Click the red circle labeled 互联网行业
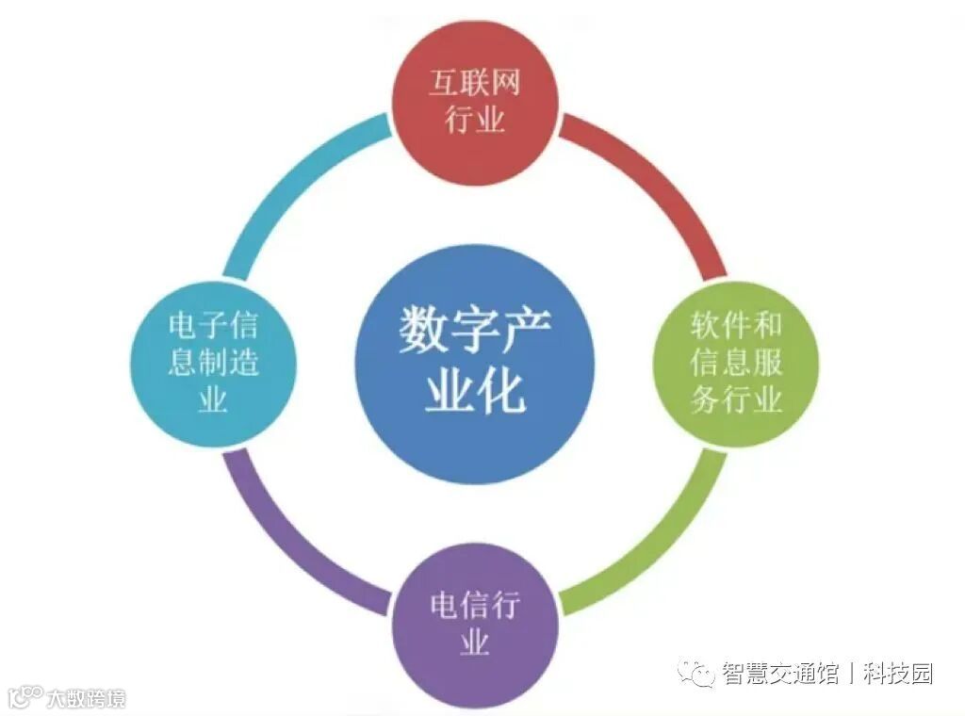pos(475,101)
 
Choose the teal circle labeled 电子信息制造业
pos(213,364)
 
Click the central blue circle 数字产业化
pos(475,364)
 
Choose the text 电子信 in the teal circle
pos(213,328)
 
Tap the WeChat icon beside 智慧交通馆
pos(698,674)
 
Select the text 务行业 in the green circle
pos(736,399)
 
